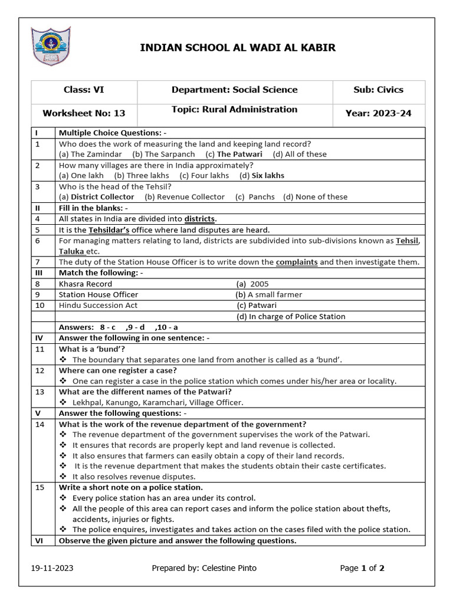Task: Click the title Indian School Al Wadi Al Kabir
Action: [238, 48]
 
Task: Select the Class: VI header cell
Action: [84, 90]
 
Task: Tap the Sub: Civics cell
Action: [378, 90]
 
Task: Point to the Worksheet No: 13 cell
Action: [84, 113]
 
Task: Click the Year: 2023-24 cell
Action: [378, 113]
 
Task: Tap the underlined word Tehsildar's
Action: [109, 229]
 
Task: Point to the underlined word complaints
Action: [297, 262]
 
